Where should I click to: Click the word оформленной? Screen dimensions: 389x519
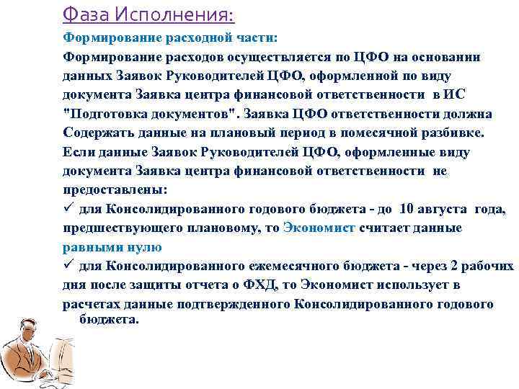341,76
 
